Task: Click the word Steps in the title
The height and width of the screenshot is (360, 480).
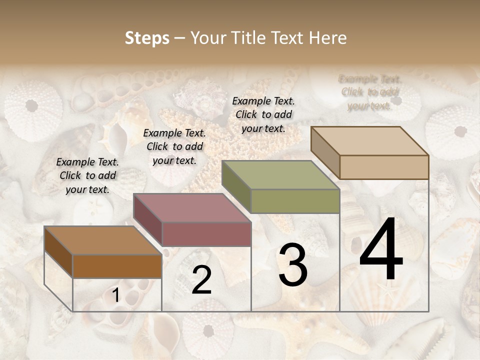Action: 147,38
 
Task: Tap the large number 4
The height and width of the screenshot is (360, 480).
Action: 381,250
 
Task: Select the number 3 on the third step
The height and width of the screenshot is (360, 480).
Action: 292,265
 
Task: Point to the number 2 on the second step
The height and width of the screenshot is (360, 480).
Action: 201,280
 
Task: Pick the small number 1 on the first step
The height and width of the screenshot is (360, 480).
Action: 115,296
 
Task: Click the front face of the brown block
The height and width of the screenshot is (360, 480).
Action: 117,266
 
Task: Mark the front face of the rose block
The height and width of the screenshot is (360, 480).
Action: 206,233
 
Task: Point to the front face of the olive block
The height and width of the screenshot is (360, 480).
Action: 295,201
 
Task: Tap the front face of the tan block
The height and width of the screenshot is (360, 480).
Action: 384,167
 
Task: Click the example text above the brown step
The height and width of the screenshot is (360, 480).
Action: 87,175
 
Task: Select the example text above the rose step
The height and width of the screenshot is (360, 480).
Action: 174,146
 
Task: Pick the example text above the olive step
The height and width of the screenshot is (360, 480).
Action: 263,114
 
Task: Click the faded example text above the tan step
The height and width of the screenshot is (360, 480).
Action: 369,92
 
